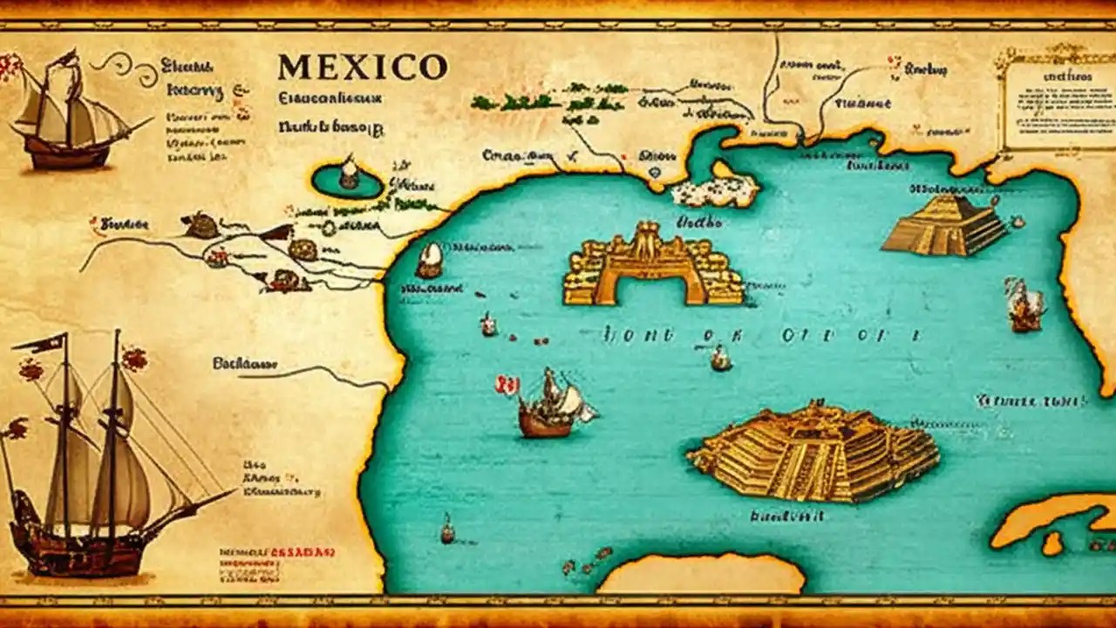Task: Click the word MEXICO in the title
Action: (x=362, y=67)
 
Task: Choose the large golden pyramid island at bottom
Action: (x=815, y=451)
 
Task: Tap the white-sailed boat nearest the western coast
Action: (x=429, y=260)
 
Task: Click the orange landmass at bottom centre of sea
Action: (x=702, y=576)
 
